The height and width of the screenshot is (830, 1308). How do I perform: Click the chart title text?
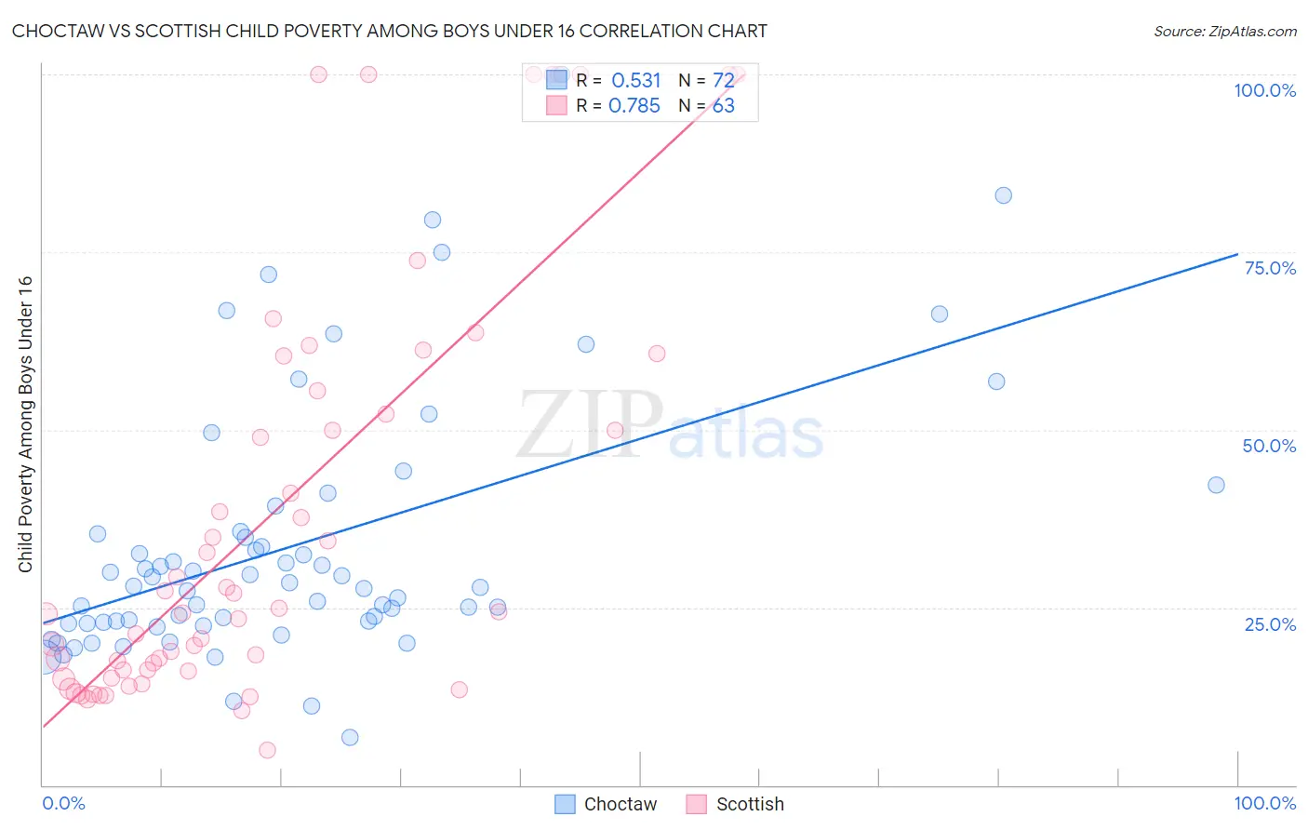[x=390, y=31]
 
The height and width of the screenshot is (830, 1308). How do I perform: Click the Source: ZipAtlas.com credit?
[x=1224, y=32]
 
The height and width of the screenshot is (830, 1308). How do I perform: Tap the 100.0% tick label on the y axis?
[x=1264, y=90]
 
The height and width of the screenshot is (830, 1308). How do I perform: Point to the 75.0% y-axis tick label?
[x=1270, y=268]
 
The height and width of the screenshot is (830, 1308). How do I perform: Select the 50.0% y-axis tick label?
[x=1269, y=446]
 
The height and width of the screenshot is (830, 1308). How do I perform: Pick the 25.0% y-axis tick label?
[x=1270, y=624]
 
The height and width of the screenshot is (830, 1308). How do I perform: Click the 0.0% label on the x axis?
[x=63, y=803]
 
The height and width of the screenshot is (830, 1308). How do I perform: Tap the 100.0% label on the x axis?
[x=1264, y=803]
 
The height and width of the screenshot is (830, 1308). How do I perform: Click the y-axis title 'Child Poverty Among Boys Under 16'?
[x=25, y=424]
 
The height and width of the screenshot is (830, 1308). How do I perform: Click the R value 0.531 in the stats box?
[x=636, y=81]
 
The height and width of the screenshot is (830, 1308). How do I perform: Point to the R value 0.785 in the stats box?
[x=634, y=106]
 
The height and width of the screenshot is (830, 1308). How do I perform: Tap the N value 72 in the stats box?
[x=724, y=81]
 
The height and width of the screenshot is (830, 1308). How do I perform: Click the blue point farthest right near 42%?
[x=1216, y=485]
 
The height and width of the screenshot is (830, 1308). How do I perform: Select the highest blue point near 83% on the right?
[x=1003, y=195]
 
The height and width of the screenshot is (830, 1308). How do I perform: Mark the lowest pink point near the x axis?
[x=267, y=750]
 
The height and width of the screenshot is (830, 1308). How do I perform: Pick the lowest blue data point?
[x=350, y=737]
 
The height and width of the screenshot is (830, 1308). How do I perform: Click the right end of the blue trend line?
[x=1237, y=254]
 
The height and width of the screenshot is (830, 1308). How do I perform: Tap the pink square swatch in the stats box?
[x=556, y=105]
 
